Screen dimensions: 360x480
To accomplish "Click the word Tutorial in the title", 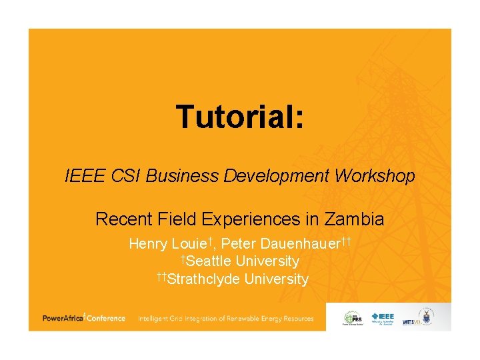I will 239,117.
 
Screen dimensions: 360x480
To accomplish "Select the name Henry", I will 148,243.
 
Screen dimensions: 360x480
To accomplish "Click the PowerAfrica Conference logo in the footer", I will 84,319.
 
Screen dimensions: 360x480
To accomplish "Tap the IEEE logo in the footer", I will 383,317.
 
